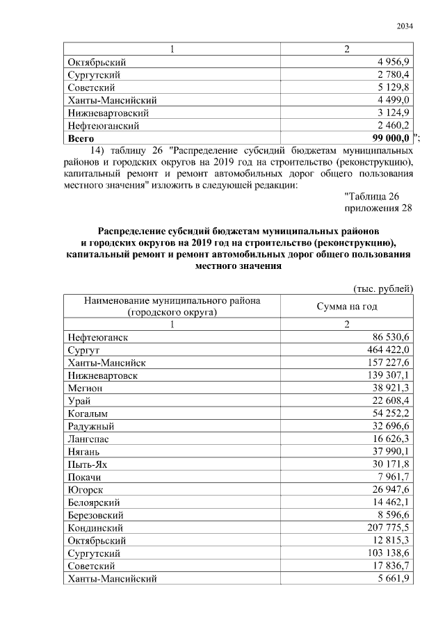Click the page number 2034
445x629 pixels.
[405, 26]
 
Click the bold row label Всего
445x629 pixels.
[81, 138]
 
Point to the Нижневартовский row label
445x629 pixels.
[108, 113]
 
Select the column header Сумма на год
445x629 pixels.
[347, 307]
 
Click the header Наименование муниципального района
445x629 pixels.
[172, 300]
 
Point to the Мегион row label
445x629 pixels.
[85, 388]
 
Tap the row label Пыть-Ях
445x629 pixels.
[87, 464]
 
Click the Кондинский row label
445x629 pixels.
[97, 528]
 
